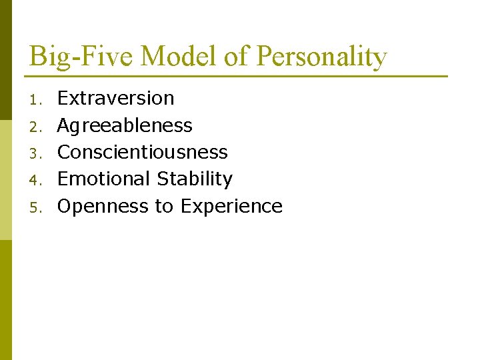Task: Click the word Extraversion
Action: [116, 99]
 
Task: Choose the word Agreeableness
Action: [125, 126]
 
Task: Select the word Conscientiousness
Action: [143, 152]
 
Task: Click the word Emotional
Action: [105, 179]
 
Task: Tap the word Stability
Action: [195, 180]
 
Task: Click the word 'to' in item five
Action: [164, 207]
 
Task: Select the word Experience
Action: [231, 207]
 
